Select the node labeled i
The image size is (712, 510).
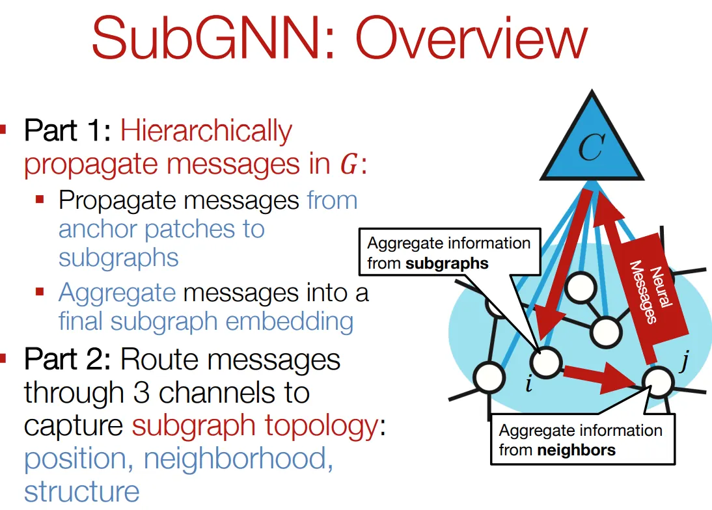[x=545, y=361]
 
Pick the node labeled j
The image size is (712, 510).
[x=657, y=381]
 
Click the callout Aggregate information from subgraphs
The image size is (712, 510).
[x=449, y=253]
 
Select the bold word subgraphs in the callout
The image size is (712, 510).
[x=446, y=263]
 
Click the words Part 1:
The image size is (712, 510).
[x=68, y=131]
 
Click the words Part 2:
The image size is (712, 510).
[x=68, y=360]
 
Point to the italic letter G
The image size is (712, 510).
[x=350, y=165]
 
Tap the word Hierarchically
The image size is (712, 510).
[x=206, y=131]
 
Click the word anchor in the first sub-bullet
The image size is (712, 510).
[x=98, y=229]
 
